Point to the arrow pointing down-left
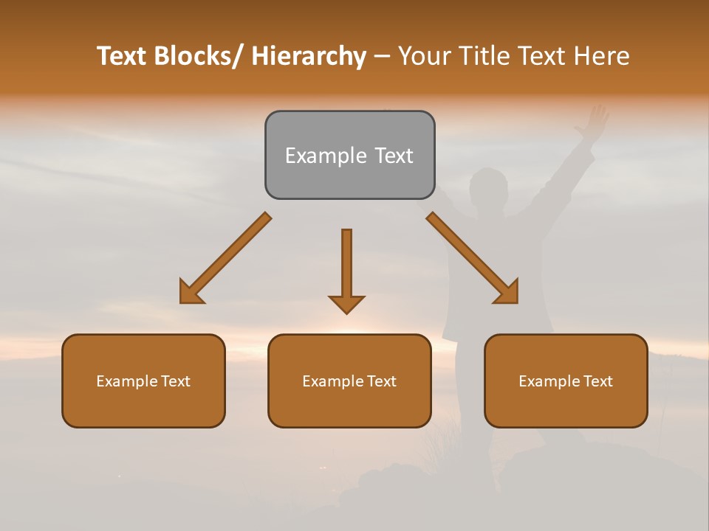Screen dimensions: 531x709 pos(225,259)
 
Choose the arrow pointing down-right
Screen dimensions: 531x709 pos(473,259)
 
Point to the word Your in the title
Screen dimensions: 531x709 pos(422,57)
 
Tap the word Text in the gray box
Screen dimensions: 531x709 pos(393,156)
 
